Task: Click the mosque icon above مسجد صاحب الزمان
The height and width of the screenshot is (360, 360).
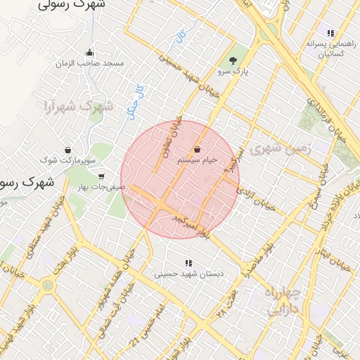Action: (x=89, y=52)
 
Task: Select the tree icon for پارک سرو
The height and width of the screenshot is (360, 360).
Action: (x=233, y=60)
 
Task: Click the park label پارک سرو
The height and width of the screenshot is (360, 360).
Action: (x=233, y=71)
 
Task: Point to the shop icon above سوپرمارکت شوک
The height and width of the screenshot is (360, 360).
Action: (x=67, y=150)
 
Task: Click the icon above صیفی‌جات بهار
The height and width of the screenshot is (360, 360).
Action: (x=102, y=176)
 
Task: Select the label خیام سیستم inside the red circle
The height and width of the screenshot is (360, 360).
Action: (x=197, y=160)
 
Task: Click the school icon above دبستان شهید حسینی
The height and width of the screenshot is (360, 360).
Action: (x=187, y=264)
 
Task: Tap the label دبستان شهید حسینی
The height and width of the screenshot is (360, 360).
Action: (x=187, y=275)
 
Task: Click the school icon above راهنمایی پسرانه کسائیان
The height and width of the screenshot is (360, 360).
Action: (x=330, y=32)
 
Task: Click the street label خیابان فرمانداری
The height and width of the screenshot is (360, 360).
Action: (x=330, y=117)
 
